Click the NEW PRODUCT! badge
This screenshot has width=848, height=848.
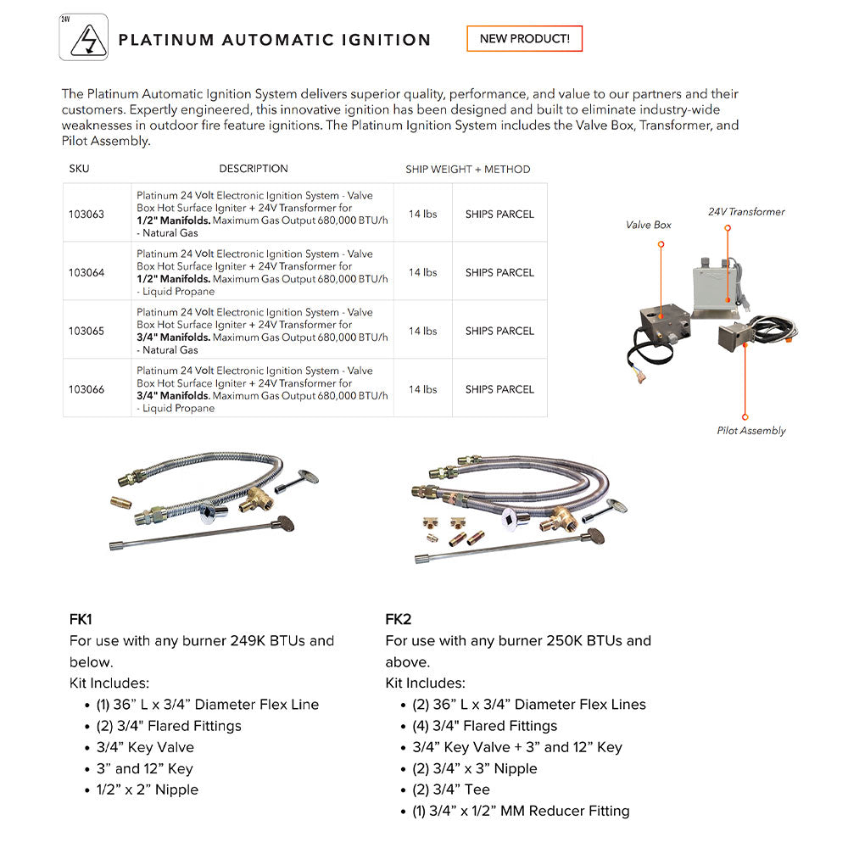524,39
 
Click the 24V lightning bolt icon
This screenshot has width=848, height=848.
84,39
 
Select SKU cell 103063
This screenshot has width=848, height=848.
86,215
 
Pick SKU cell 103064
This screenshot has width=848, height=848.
86,273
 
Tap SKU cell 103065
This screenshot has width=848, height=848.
86,332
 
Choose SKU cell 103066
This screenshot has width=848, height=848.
86,390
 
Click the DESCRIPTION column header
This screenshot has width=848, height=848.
254,169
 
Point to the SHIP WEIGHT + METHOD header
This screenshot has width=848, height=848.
467,170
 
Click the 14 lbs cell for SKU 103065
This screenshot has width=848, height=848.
422,332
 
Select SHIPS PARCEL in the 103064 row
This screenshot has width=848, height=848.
499,273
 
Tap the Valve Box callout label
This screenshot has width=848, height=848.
649,225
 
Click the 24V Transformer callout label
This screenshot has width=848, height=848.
746,212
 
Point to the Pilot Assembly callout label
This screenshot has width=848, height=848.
751,431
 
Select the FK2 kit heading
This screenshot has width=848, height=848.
398,620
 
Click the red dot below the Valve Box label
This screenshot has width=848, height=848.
661,244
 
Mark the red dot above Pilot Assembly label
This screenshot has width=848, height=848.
745,416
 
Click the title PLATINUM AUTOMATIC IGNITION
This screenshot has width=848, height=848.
275,40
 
